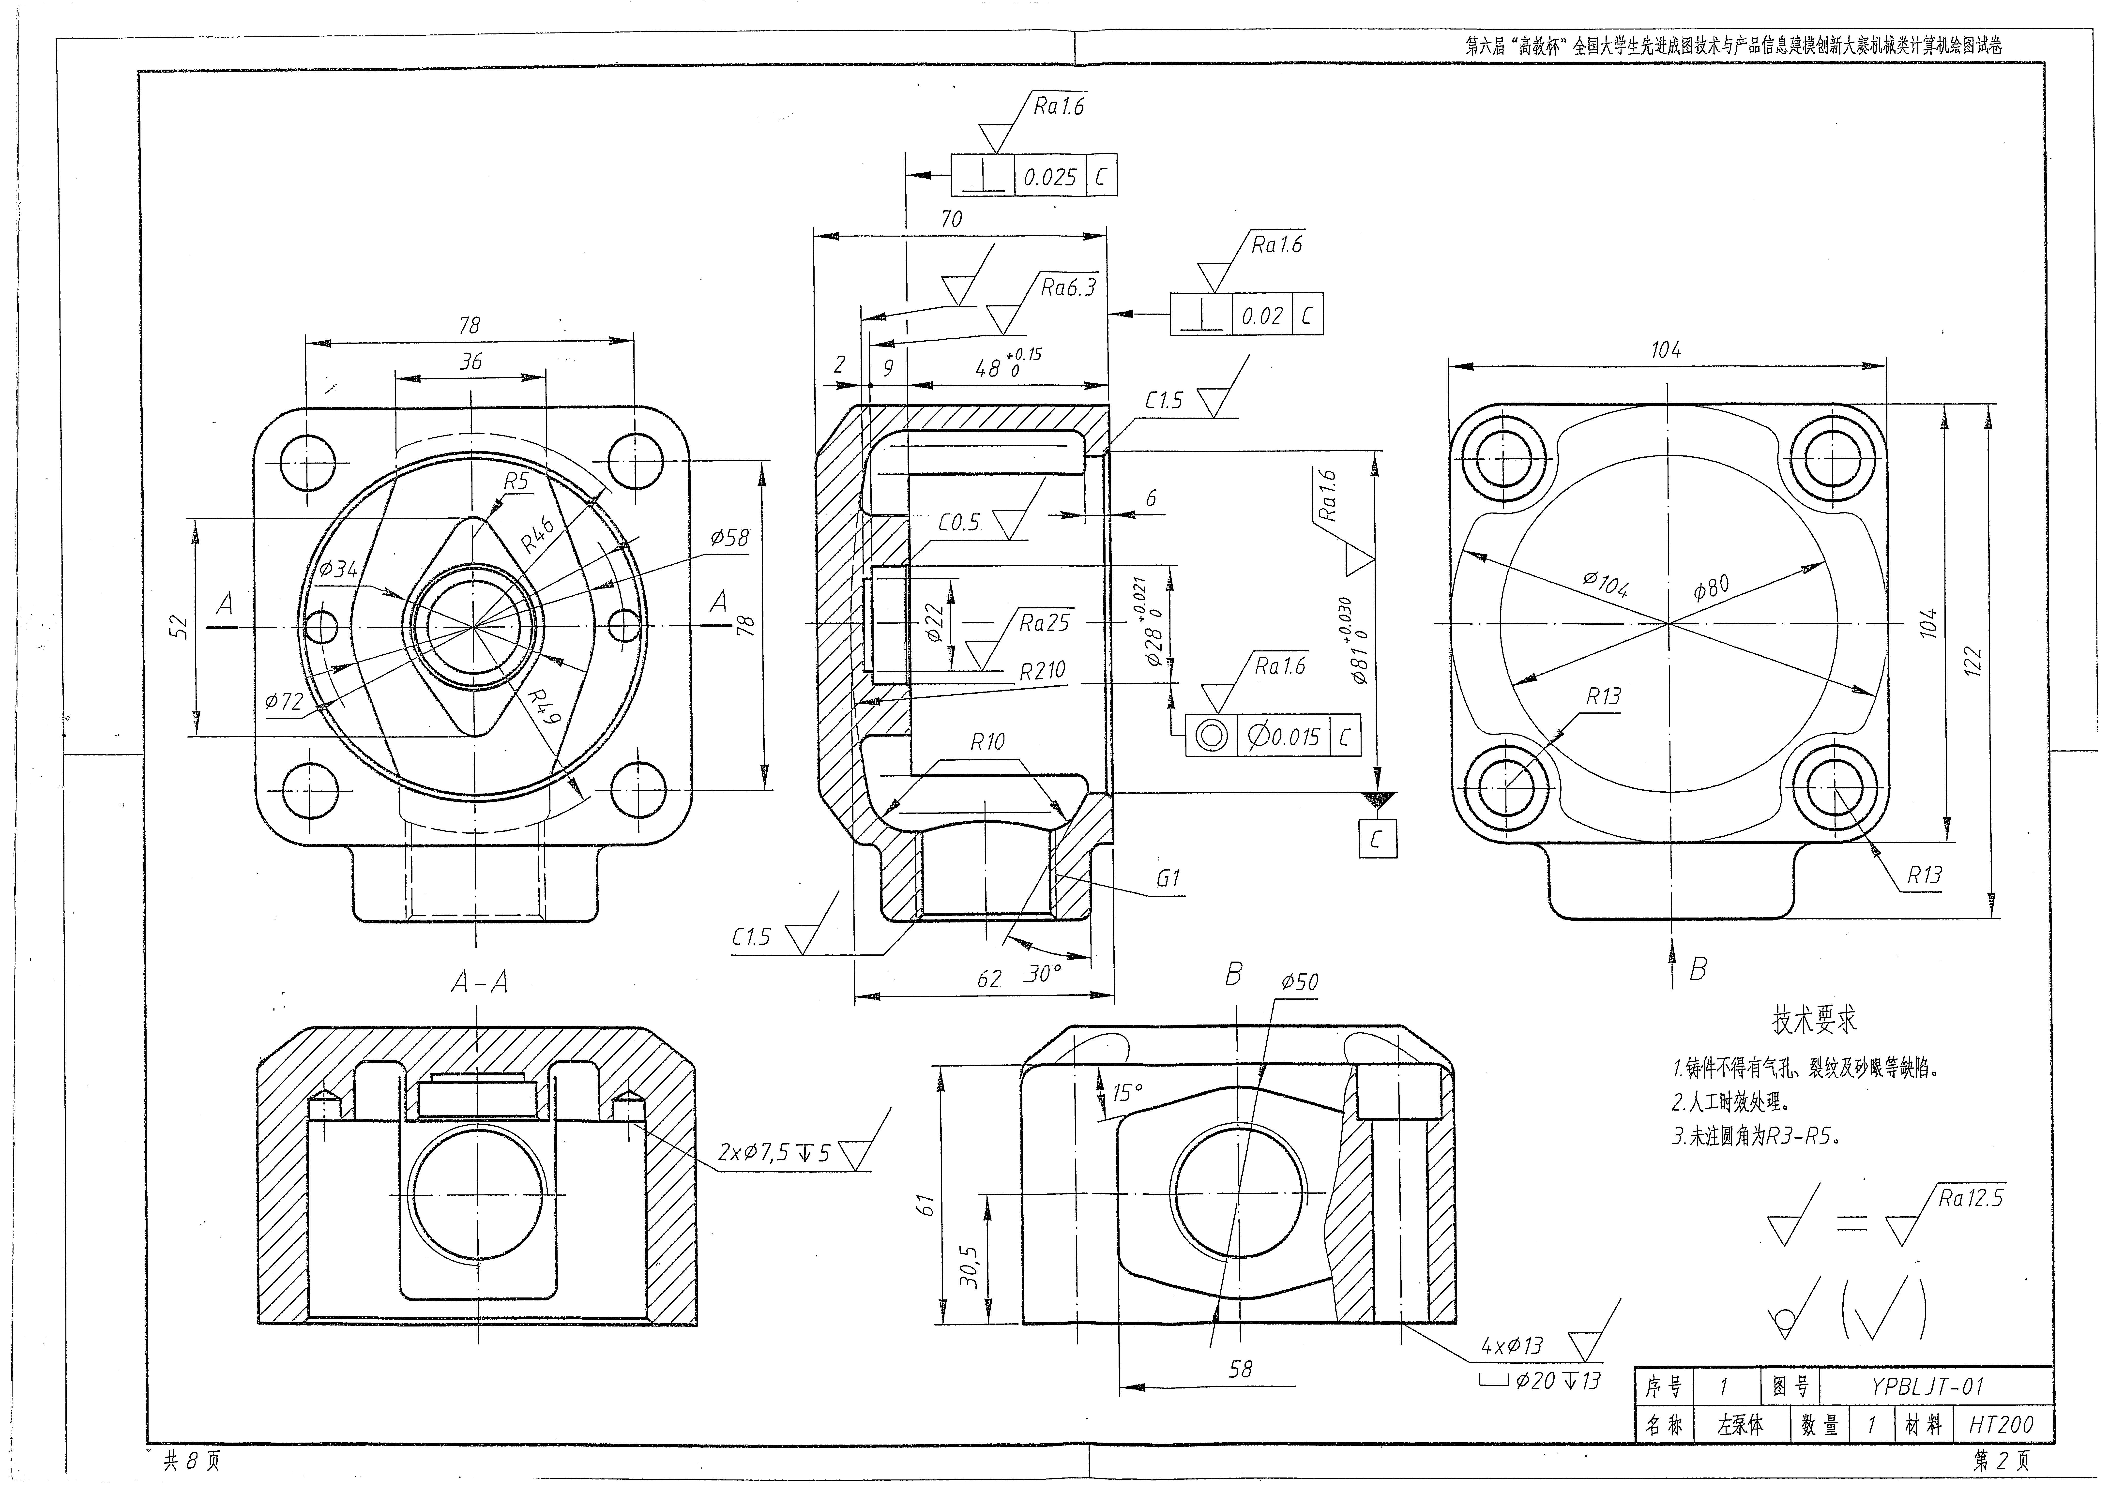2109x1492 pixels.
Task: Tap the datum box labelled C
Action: click(x=1376, y=838)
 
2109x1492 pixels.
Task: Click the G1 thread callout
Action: click(x=1168, y=878)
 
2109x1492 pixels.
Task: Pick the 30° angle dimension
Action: click(x=1044, y=974)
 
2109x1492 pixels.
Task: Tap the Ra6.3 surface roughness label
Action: click(x=1068, y=287)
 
